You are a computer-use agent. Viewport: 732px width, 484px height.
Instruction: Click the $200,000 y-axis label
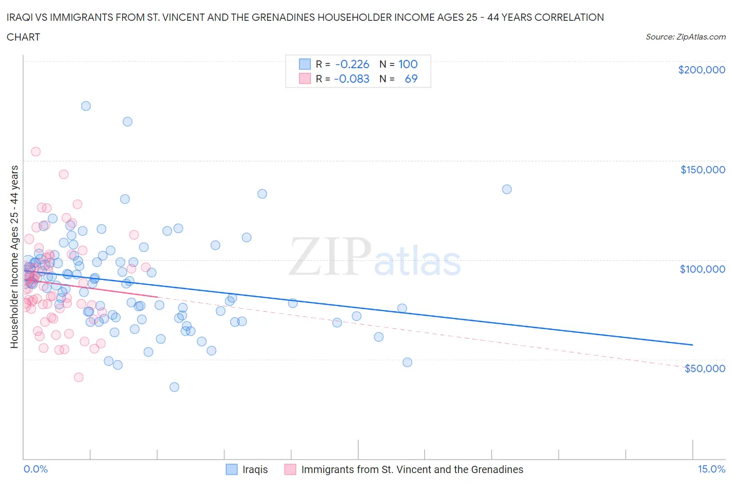(701, 70)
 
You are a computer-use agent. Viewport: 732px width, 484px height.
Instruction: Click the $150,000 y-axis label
(702, 170)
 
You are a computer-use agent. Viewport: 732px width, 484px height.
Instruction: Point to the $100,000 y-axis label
(702, 269)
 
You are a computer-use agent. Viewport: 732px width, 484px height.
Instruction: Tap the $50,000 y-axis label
(704, 368)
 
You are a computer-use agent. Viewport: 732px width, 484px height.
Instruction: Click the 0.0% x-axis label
(35, 469)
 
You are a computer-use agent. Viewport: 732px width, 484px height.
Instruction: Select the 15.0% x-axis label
(711, 469)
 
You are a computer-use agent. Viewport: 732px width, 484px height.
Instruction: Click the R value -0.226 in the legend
(352, 64)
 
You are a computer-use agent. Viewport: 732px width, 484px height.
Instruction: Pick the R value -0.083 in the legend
(352, 79)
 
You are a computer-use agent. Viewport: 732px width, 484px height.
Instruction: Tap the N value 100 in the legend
(408, 64)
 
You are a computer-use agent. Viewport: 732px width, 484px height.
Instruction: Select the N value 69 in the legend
(411, 79)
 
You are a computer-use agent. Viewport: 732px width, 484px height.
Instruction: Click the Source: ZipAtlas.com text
(685, 37)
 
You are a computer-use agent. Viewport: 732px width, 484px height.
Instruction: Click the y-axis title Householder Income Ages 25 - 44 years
(15, 257)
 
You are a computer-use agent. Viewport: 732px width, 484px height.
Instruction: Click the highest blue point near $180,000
(86, 106)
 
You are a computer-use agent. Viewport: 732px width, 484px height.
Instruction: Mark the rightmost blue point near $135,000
(507, 189)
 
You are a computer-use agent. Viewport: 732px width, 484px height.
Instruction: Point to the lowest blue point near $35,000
(174, 387)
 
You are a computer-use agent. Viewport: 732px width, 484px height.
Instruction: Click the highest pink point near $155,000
(36, 152)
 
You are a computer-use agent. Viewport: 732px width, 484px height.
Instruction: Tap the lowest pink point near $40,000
(79, 377)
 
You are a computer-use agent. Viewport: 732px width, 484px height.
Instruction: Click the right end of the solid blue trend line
(692, 345)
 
